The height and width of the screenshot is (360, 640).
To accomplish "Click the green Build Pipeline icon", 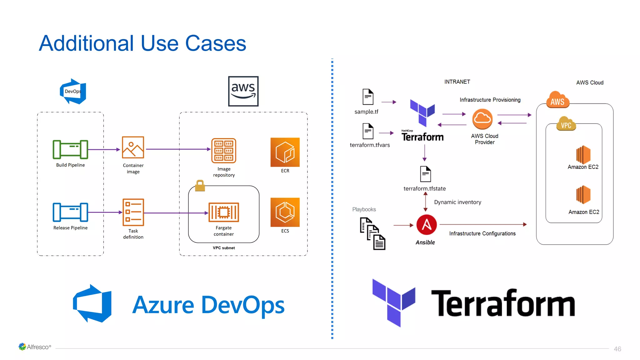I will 70,149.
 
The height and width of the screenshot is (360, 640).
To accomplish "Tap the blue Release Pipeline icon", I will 70,212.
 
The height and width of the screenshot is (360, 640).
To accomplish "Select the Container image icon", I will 133,147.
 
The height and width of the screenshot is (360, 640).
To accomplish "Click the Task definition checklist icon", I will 133,212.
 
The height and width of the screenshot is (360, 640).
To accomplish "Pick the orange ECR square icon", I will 285,152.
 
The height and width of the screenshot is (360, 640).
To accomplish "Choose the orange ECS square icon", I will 285,212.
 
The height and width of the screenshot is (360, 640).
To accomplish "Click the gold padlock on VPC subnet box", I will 200,186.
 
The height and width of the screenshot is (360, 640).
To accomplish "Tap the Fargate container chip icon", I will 224,212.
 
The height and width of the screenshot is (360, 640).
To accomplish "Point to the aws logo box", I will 243,91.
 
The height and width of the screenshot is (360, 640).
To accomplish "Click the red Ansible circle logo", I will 426,225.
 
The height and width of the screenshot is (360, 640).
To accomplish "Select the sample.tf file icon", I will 368,97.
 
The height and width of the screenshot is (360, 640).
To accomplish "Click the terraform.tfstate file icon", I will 425,174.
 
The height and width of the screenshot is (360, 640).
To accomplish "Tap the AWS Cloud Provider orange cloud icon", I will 482,119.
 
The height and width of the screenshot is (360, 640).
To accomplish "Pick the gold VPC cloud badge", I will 566,124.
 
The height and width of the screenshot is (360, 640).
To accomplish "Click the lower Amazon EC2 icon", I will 583,195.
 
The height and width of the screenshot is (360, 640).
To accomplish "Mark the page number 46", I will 617,349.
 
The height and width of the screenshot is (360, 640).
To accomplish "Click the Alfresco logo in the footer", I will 35,347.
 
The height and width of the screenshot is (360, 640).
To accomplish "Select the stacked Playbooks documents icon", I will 372,234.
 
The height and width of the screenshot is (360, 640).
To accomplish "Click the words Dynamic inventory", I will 457,202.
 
